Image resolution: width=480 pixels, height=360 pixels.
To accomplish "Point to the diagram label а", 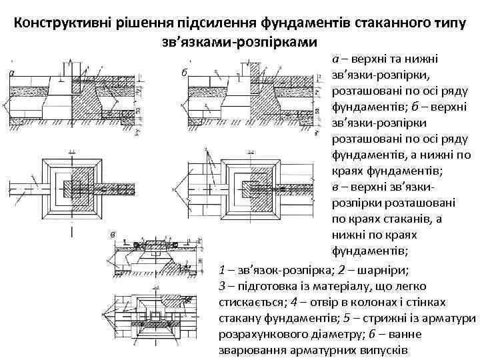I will coord(11,72).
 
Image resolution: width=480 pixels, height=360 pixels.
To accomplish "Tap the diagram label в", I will coord(113,233).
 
